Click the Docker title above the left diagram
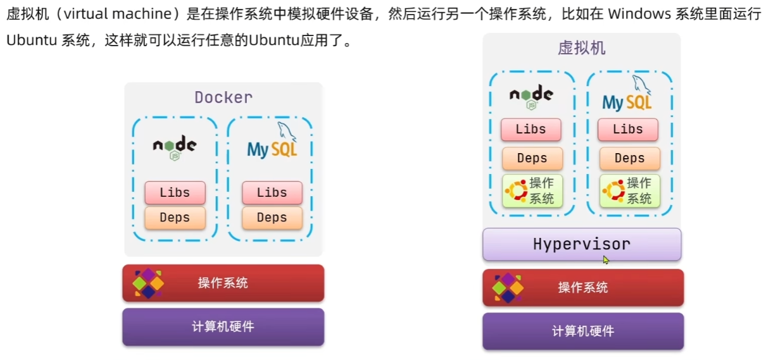click(x=223, y=97)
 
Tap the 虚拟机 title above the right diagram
click(x=581, y=48)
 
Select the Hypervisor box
click(x=582, y=244)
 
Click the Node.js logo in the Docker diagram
click(x=175, y=147)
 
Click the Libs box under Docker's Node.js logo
click(x=175, y=193)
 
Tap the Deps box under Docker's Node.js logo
click(x=175, y=218)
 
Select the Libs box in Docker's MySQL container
click(x=272, y=193)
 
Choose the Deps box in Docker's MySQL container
click(x=272, y=218)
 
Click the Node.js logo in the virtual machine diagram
click(x=531, y=96)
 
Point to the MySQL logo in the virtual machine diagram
click(x=627, y=96)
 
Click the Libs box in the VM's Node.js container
click(x=531, y=130)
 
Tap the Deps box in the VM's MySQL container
click(x=629, y=158)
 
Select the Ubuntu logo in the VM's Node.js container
click(x=516, y=190)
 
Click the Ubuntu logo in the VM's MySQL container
click(x=613, y=190)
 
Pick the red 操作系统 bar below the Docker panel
click(x=223, y=283)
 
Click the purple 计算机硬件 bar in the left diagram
click(x=223, y=326)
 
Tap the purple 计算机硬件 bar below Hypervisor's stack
click(x=582, y=331)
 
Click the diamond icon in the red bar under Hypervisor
click(x=508, y=287)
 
